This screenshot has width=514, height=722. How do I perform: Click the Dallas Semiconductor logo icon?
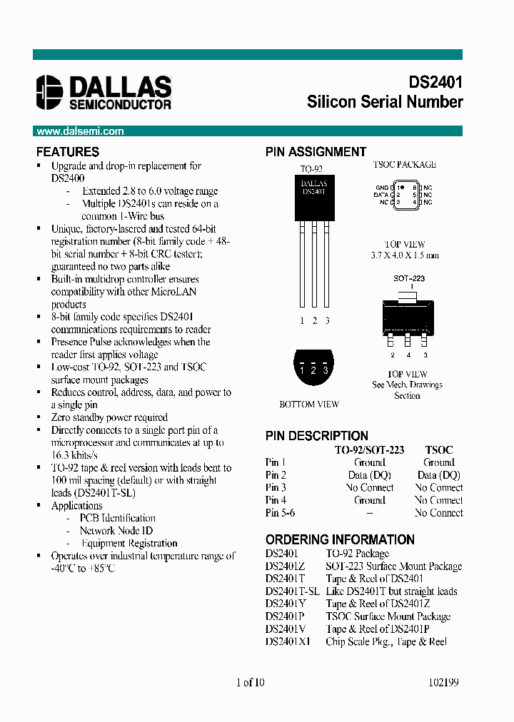(50, 92)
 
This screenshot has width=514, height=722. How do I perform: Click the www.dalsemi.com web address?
(80, 131)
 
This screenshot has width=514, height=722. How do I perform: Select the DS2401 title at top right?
(435, 82)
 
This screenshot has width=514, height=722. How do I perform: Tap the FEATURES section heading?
(68, 152)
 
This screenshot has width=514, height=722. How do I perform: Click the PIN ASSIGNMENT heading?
(316, 152)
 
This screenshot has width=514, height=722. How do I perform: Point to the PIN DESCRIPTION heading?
(317, 436)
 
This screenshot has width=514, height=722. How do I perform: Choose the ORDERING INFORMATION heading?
(340, 540)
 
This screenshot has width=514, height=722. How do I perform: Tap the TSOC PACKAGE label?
(404, 165)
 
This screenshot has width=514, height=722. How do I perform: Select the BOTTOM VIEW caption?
(309, 405)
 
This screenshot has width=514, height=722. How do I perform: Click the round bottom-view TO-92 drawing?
(313, 368)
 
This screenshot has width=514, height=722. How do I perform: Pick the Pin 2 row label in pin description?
(276, 475)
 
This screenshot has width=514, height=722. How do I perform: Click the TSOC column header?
(438, 450)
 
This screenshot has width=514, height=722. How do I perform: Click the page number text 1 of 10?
(250, 682)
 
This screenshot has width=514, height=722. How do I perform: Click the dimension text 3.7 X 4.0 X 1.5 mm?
(405, 255)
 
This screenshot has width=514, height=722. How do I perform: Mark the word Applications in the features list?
(76, 506)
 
